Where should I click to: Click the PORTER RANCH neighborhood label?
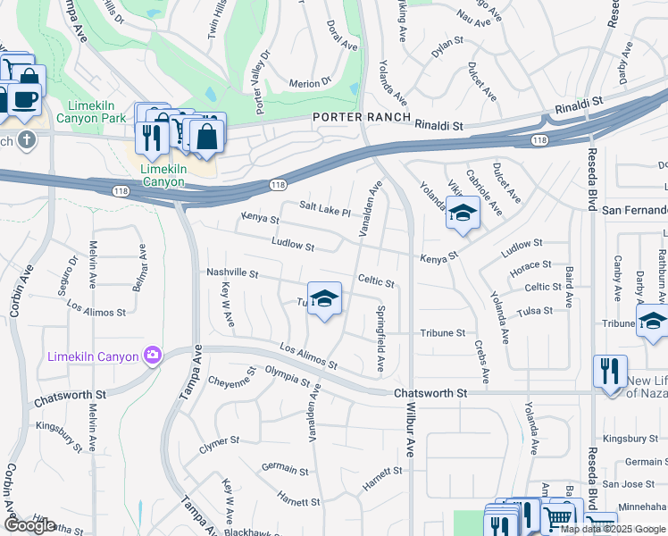361,117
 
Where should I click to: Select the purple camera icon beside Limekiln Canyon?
152,356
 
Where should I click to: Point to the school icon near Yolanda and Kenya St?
463,213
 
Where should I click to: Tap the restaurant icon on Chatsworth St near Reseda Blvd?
610,371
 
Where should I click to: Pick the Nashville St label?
231,273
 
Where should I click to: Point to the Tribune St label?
444,333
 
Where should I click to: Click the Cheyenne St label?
230,386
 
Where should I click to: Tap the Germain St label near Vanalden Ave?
285,469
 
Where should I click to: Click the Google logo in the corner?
29,525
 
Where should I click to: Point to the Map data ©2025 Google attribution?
613,529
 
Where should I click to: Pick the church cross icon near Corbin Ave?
27,139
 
